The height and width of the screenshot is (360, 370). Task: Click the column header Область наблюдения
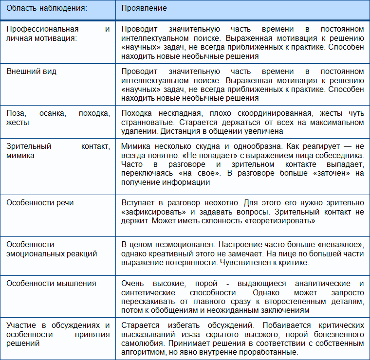47,9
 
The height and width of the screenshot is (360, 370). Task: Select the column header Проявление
144,9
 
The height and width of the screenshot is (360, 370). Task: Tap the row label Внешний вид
31,71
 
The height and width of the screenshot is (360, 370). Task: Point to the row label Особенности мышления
51,283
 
